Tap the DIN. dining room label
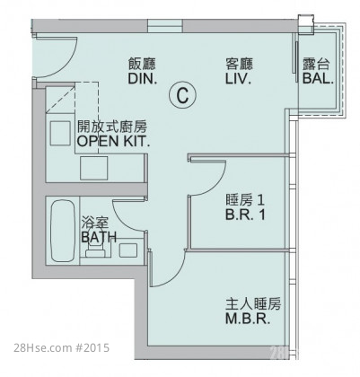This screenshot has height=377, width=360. pyautogui.click(x=143, y=79)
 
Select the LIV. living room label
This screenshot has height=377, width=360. pyautogui.click(x=238, y=79)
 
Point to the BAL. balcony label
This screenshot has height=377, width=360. pyautogui.click(x=318, y=79)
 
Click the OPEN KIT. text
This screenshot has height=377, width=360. pyautogui.click(x=113, y=141)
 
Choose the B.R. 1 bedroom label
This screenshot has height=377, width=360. pyautogui.click(x=245, y=215)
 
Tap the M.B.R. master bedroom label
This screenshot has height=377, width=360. pyautogui.click(x=248, y=319)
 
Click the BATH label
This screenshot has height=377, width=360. pyautogui.click(x=99, y=237)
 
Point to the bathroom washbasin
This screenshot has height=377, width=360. pyautogui.click(x=128, y=250)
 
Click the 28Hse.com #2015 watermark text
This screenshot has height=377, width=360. pyautogui.click(x=62, y=348)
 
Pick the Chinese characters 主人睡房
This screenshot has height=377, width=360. pyautogui.click(x=253, y=304)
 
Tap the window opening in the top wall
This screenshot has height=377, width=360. pyautogui.click(x=165, y=25)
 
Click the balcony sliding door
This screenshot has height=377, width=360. pyautogui.click(x=296, y=57)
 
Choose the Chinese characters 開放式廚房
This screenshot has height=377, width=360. pyautogui.click(x=112, y=127)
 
